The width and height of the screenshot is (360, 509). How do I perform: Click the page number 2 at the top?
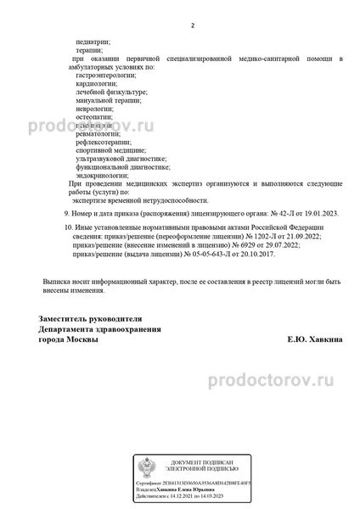tap(193, 25)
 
